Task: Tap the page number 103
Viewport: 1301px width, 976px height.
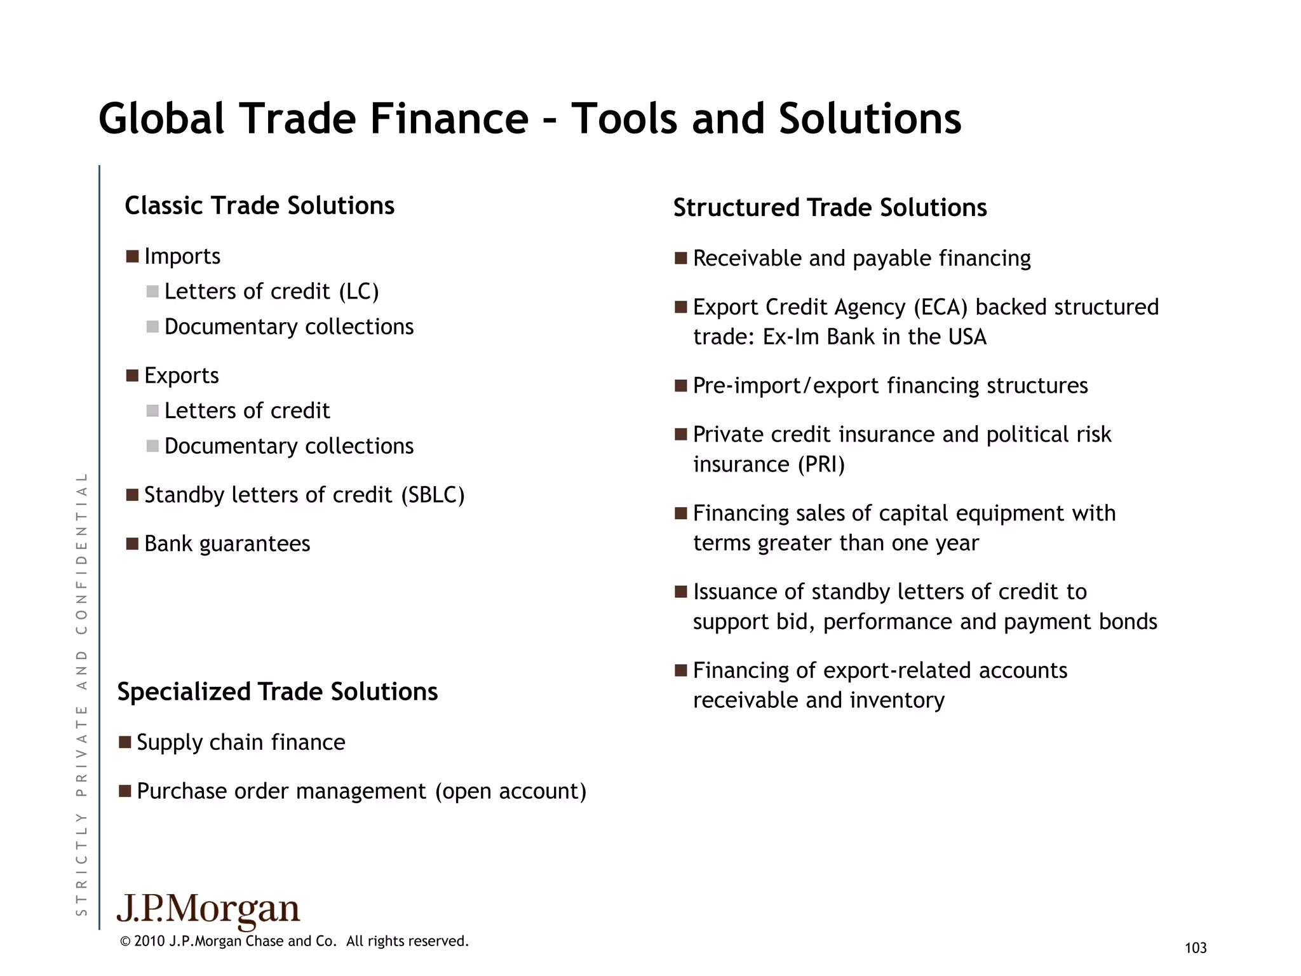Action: (1196, 948)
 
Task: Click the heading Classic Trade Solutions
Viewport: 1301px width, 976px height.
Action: (259, 206)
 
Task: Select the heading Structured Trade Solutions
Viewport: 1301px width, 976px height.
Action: (830, 208)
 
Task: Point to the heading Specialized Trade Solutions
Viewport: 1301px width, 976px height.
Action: (278, 691)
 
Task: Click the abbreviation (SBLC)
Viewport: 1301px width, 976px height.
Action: (433, 495)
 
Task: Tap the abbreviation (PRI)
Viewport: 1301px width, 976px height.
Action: (821, 464)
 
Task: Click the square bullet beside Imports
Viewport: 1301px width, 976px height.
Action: (132, 257)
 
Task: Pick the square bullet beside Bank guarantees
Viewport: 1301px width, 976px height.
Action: (132, 544)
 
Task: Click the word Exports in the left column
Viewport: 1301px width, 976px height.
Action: (181, 376)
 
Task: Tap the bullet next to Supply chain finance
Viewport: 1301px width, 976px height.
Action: (125, 742)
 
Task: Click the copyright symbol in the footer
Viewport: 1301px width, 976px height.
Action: (125, 942)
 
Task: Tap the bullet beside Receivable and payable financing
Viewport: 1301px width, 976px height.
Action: (681, 259)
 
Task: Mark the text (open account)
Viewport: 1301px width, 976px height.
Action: (510, 791)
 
